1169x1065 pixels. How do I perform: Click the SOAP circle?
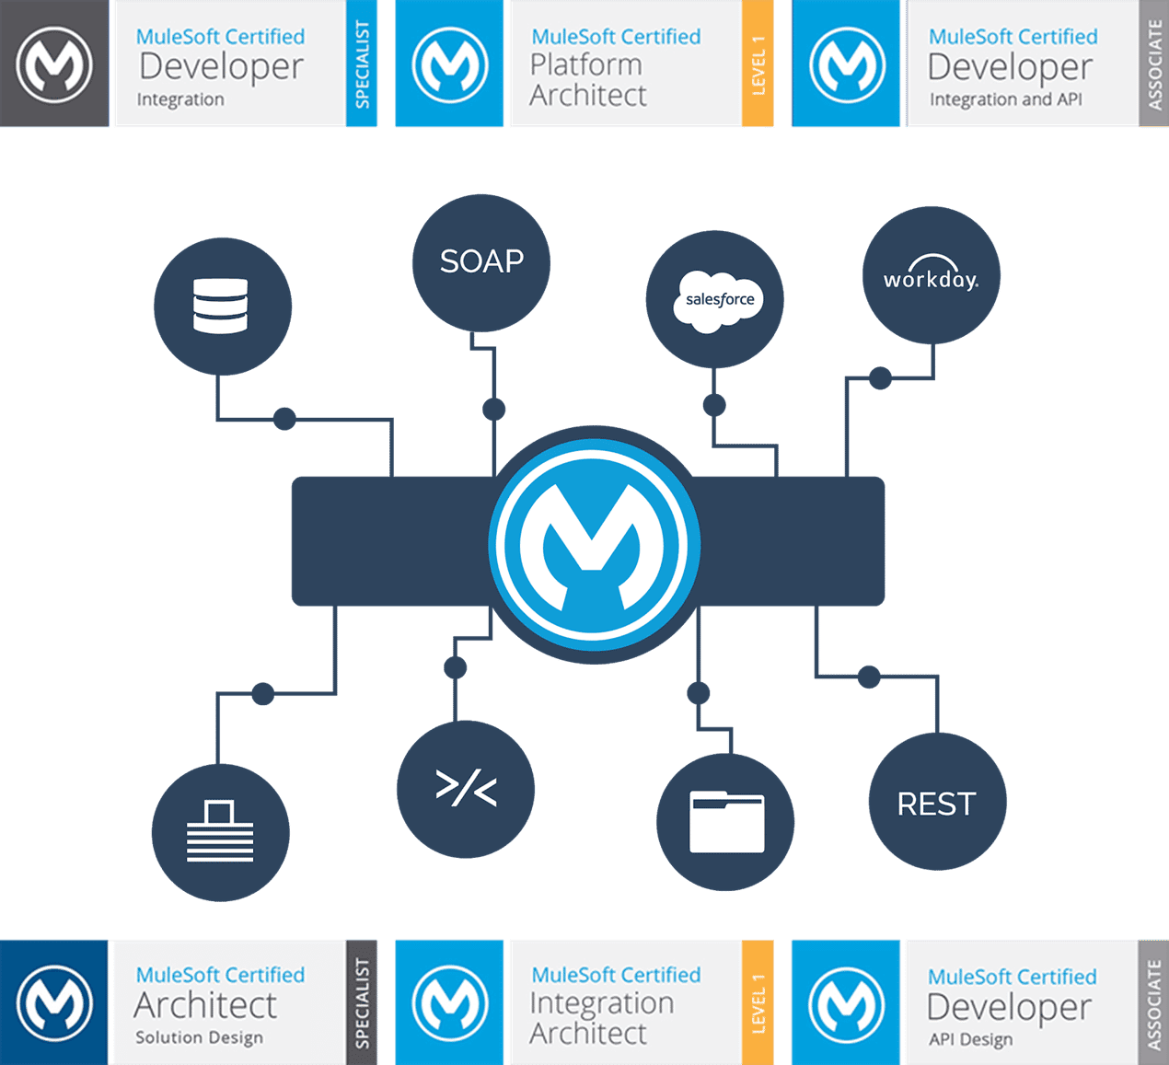click(481, 262)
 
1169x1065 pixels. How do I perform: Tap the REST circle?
click(937, 803)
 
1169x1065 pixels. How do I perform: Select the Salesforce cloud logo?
click(719, 300)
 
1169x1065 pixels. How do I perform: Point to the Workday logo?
click(931, 275)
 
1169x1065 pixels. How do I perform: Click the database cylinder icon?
click(221, 306)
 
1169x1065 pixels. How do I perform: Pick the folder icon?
click(726, 822)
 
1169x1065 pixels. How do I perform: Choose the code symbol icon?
click(466, 789)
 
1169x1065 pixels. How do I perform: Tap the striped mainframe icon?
click(220, 831)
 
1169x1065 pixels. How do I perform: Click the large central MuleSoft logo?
click(594, 544)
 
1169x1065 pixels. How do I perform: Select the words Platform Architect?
click(587, 80)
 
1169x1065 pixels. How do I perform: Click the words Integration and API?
click(1005, 99)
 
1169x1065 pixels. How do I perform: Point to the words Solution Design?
click(199, 1037)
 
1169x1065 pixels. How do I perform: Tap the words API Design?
click(970, 1039)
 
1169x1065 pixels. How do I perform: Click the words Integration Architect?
click(601, 1018)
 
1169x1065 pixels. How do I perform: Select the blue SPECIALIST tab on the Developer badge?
click(362, 64)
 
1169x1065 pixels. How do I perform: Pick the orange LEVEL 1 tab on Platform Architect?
click(758, 64)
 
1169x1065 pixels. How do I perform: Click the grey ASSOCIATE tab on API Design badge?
click(1153, 1002)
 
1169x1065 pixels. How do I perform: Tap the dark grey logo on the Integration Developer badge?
click(54, 64)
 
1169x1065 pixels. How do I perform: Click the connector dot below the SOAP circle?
click(494, 409)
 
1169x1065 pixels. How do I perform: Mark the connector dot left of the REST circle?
click(869, 677)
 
